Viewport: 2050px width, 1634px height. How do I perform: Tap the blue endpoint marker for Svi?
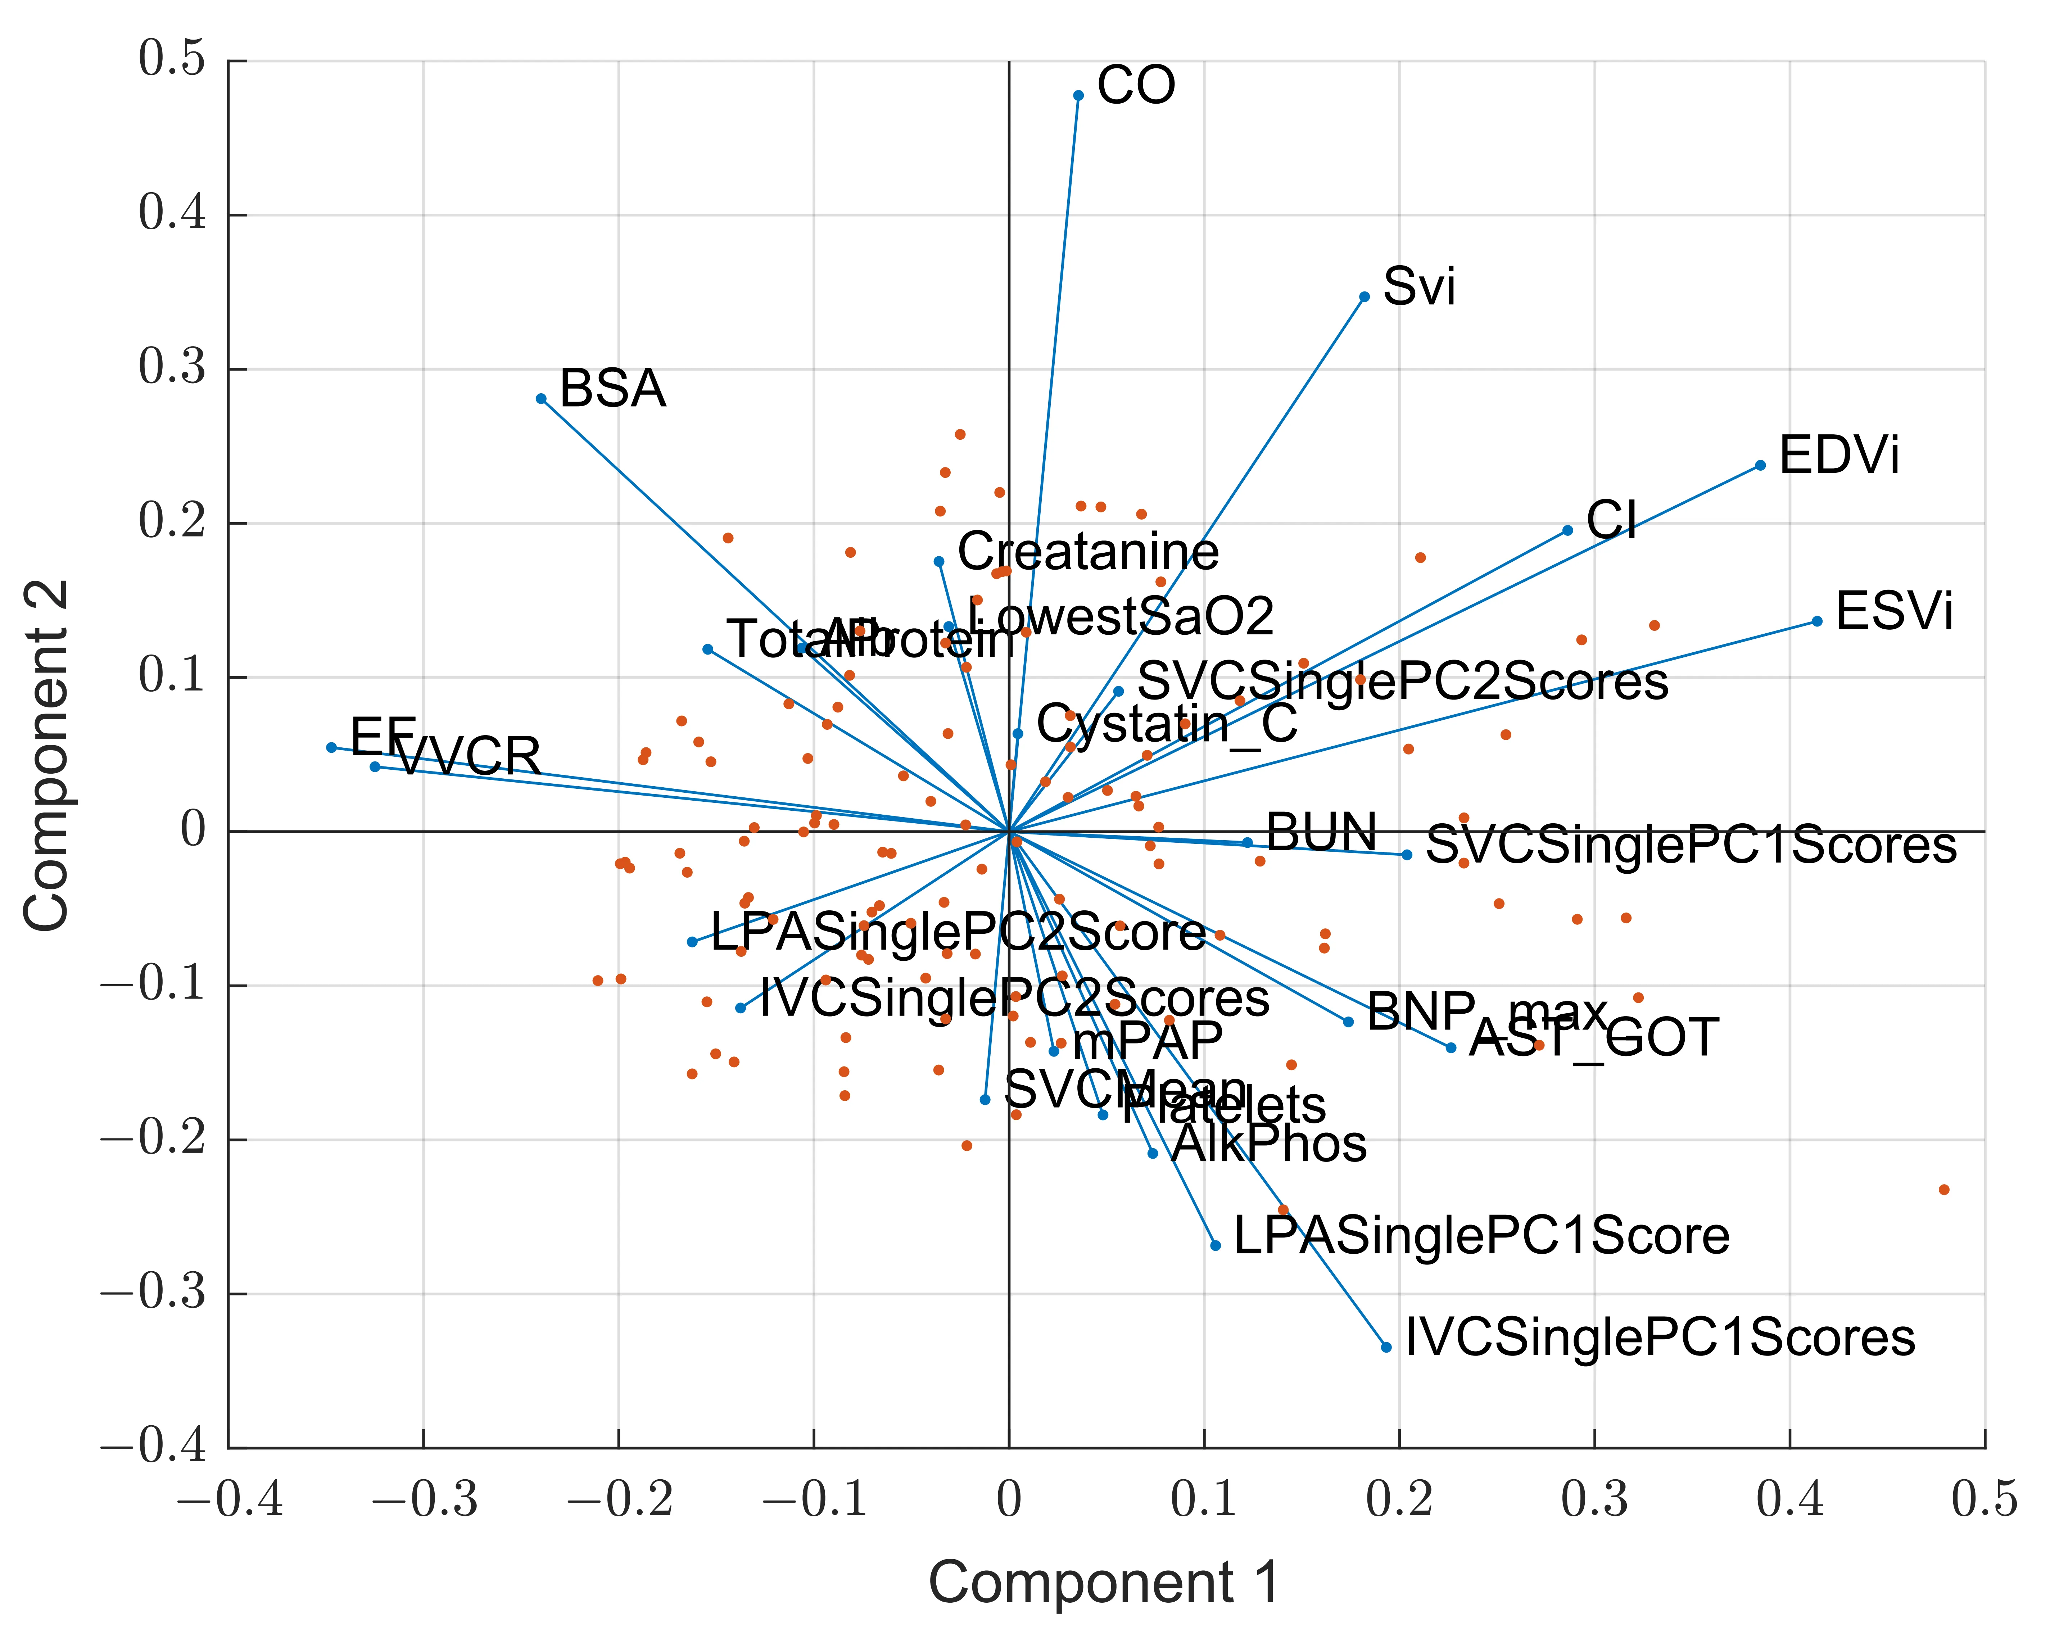tap(1365, 297)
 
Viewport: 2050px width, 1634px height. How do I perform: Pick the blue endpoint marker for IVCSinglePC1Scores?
tap(1386, 1347)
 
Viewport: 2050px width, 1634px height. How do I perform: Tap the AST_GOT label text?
tap(1594, 1038)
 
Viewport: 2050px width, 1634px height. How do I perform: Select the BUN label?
tap(1322, 833)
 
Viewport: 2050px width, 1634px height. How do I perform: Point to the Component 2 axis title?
tap(46, 756)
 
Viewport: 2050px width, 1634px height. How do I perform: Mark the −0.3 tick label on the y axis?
tap(153, 1294)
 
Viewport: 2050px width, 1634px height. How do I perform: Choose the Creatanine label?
tap(1088, 552)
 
